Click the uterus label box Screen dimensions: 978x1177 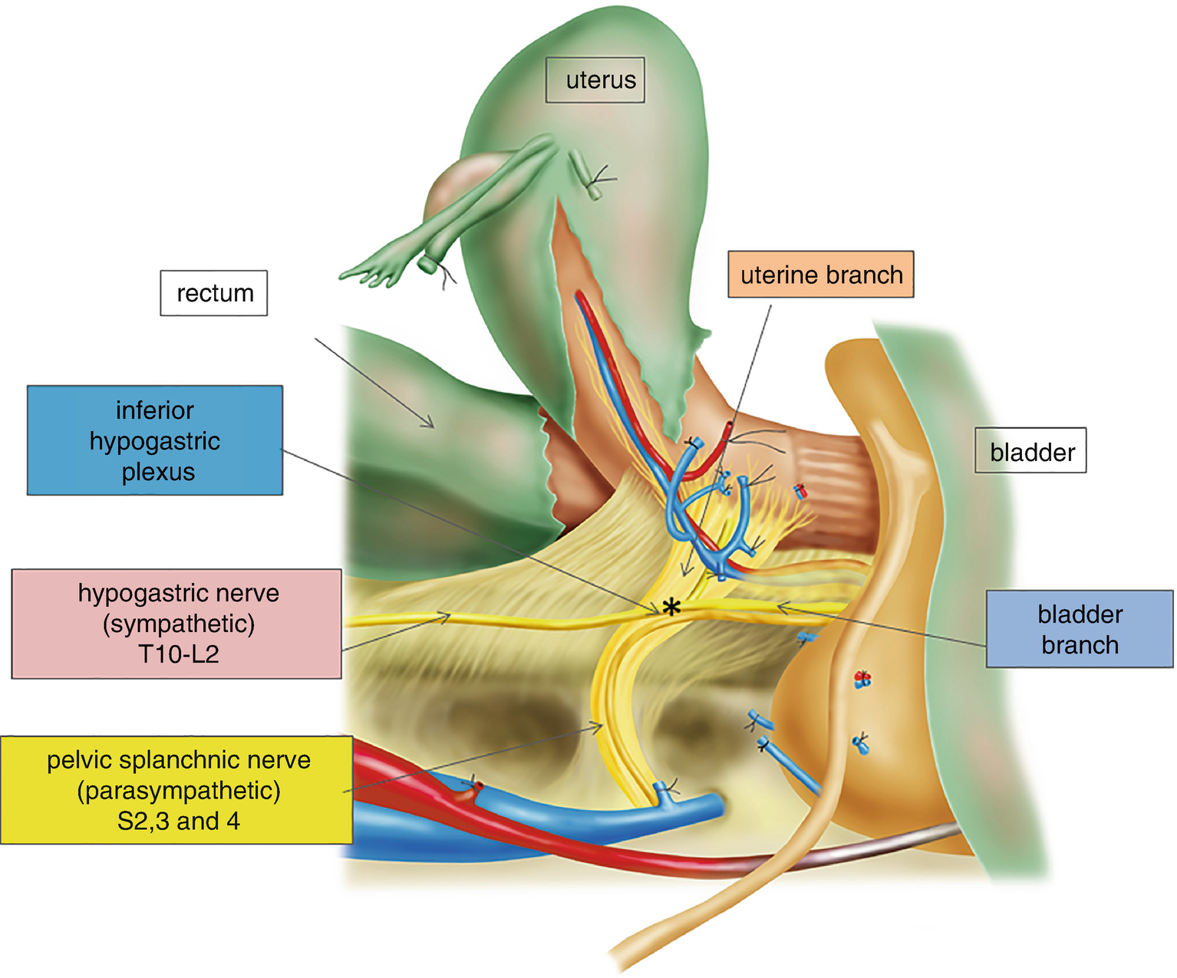[x=595, y=80]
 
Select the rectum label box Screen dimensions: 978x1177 [x=214, y=293]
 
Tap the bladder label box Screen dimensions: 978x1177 [x=1030, y=451]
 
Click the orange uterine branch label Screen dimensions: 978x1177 [x=821, y=275]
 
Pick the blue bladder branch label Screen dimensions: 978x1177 [x=1079, y=629]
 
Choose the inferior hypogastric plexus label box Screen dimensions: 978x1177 [x=155, y=440]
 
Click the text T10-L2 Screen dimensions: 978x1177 [x=178, y=654]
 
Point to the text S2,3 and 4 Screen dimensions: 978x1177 [x=178, y=822]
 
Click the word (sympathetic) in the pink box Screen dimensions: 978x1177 [x=178, y=624]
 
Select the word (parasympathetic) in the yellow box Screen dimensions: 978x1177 [x=178, y=791]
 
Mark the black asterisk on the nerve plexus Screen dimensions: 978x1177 [x=671, y=608]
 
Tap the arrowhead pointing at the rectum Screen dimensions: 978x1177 [x=430, y=423]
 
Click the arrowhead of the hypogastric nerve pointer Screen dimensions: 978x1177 [x=446, y=615]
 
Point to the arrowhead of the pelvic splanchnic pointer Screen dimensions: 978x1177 [x=598, y=724]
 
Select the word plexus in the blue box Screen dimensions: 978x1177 [x=158, y=472]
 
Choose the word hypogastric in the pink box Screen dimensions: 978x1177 [x=143, y=593]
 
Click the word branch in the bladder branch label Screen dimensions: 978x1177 [x=1080, y=645]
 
